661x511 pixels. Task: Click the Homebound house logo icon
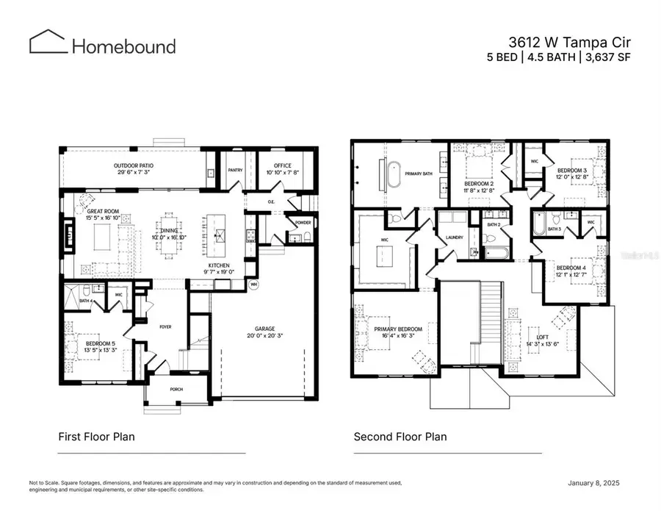click(47, 42)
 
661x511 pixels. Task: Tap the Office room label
click(283, 165)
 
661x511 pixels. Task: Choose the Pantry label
click(235, 170)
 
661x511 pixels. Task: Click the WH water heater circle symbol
click(254, 284)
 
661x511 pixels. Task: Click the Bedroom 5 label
click(101, 343)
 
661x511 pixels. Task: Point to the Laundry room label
click(454, 237)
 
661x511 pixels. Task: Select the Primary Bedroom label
click(398, 329)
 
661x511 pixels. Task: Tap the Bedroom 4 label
click(571, 268)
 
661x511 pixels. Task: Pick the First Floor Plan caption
click(96, 437)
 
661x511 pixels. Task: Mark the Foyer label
click(165, 326)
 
